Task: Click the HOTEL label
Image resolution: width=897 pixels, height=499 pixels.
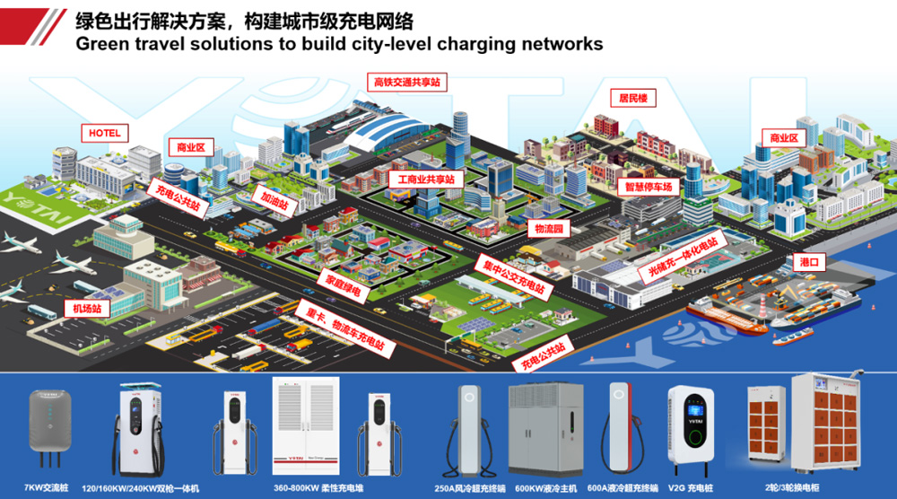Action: pos(104,133)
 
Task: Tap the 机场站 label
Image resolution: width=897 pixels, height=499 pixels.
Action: pos(87,309)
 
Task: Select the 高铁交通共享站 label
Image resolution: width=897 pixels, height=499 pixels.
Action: pos(409,83)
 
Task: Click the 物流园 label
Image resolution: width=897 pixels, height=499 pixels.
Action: pos(547,230)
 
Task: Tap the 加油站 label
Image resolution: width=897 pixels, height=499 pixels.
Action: pos(275,198)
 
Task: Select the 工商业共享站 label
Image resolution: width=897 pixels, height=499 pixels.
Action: pos(426,179)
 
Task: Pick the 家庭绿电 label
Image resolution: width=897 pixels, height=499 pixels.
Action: pos(343,285)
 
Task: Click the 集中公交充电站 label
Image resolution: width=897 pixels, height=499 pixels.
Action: pos(511,275)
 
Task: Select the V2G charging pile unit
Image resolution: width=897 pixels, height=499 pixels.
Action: pos(692,430)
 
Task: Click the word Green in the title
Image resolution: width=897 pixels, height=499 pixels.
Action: pos(104,43)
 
